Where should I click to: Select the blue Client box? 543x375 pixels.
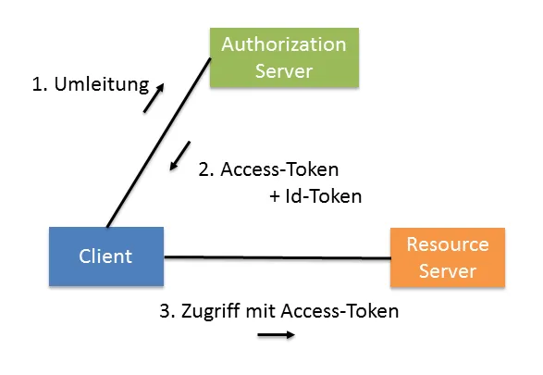pyautogui.click(x=105, y=256)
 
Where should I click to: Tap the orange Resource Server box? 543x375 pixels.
pyautogui.click(x=447, y=256)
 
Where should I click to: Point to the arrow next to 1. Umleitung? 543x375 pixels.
pyautogui.click(x=154, y=97)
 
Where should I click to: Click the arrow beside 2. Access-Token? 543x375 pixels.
pyautogui.click(x=180, y=156)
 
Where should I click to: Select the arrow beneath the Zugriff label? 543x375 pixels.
pyautogui.click(x=276, y=335)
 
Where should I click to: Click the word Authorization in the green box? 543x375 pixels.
pyautogui.click(x=283, y=44)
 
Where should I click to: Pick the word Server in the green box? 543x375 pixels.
pyautogui.click(x=283, y=70)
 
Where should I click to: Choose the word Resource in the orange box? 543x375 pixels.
pyautogui.click(x=447, y=244)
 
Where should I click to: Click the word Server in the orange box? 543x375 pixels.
pyautogui.click(x=447, y=270)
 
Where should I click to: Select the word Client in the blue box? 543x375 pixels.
pyautogui.click(x=105, y=256)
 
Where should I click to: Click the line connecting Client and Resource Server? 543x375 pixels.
pyautogui.click(x=278, y=257)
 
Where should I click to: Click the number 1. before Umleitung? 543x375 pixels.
pyautogui.click(x=39, y=85)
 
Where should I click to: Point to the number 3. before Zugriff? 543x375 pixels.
pyautogui.click(x=166, y=310)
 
